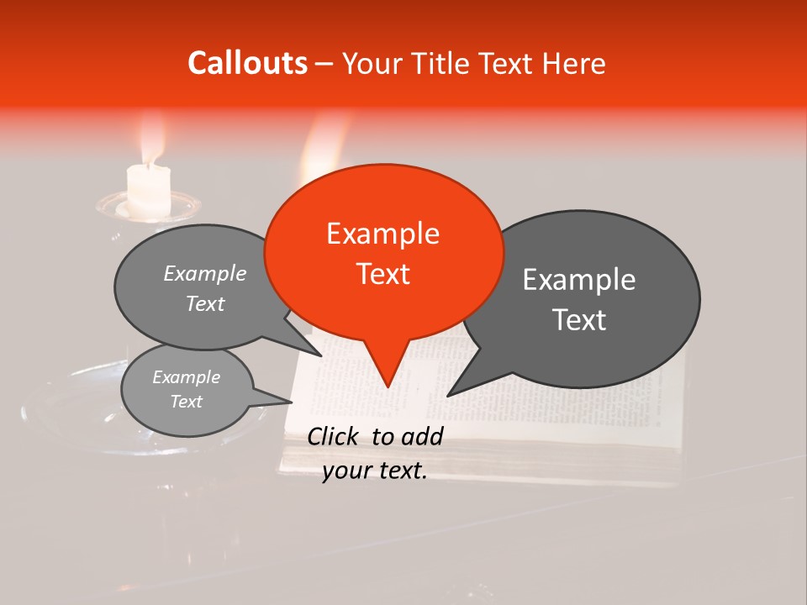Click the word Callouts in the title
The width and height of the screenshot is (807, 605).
(247, 63)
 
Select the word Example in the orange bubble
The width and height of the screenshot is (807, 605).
(382, 234)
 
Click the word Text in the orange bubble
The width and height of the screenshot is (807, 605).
(383, 274)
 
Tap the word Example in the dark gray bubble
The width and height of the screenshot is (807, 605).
(579, 280)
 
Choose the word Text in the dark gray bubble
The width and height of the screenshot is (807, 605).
(580, 320)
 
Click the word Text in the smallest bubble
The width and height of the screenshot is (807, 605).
(187, 402)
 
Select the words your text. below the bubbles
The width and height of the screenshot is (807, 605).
(375, 471)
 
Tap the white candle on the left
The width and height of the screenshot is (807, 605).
(149, 189)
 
